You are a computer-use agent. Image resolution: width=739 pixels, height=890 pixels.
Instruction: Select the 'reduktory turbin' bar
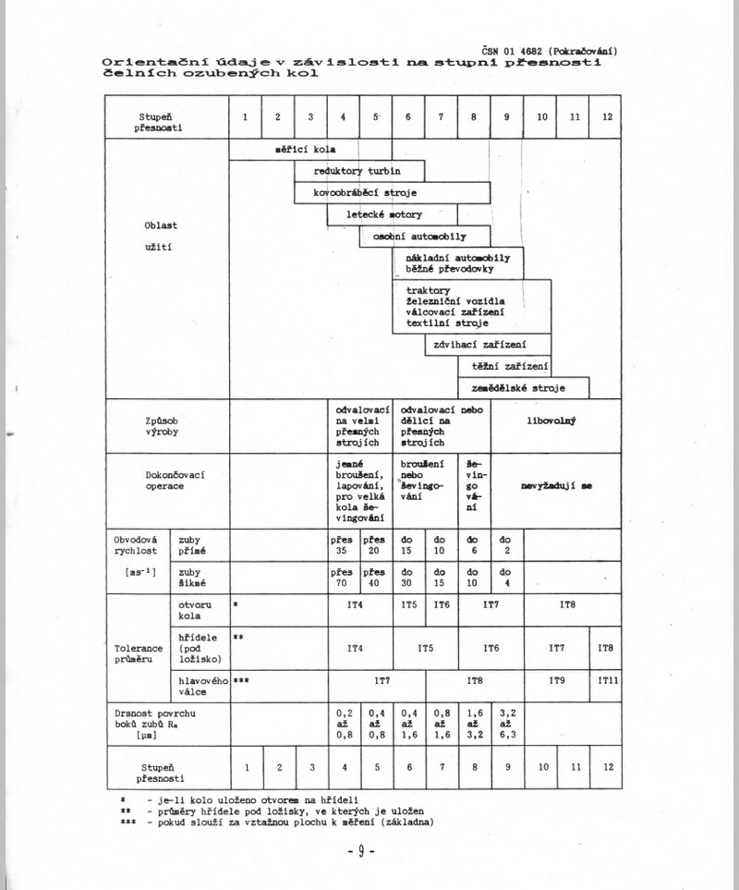click(359, 171)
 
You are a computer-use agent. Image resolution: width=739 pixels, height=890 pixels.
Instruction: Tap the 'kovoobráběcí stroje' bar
click(392, 192)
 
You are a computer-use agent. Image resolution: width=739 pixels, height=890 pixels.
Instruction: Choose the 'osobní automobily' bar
click(425, 237)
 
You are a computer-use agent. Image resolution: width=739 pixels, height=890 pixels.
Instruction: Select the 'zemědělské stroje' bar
click(524, 388)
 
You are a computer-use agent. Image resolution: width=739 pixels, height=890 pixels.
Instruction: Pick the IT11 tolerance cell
click(605, 680)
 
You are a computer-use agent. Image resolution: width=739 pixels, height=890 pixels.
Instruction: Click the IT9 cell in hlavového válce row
click(557, 680)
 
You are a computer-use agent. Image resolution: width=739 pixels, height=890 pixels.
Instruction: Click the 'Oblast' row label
click(167, 225)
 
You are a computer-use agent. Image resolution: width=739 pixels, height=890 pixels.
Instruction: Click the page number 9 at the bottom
click(359, 849)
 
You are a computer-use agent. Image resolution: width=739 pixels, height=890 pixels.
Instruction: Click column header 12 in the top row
click(606, 117)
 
